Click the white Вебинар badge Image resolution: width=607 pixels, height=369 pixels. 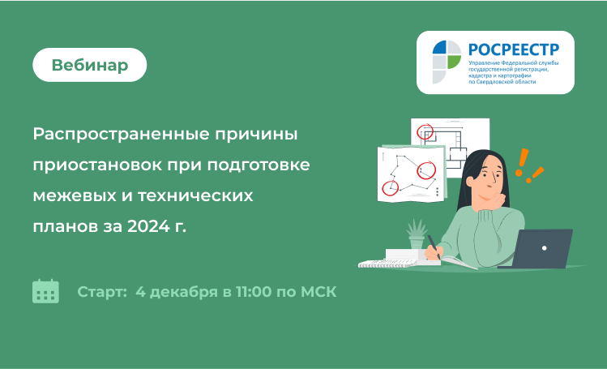pos(89,65)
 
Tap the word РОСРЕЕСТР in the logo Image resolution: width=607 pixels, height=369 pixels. pos(514,49)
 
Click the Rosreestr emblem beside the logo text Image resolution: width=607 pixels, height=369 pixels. pos(447,62)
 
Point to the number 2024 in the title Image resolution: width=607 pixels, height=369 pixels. pos(148,226)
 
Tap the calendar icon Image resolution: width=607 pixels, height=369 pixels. pos(45,291)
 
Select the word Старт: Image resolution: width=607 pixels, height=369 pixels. pos(102,292)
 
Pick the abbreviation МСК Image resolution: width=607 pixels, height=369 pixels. pos(318,292)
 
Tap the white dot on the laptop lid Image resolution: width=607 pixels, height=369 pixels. pos(545,248)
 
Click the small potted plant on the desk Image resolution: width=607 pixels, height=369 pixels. pos(417,234)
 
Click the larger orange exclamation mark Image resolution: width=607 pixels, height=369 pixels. pos(523,163)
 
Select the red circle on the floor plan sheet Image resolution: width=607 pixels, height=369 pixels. pos(425,131)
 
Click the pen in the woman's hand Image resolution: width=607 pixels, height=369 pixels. pos(434,247)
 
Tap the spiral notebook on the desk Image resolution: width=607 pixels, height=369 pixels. pos(387,264)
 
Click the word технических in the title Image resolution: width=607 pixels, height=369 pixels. pos(195,196)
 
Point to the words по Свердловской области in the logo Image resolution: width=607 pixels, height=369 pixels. pos(502,82)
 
